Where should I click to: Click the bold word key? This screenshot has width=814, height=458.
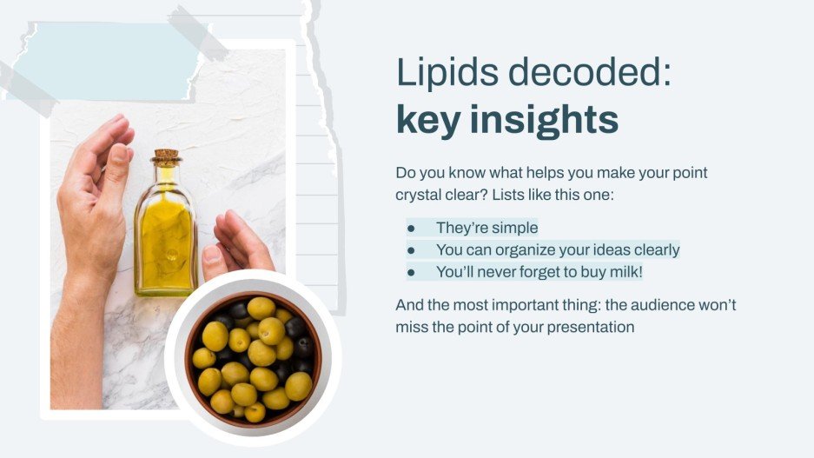[427, 120]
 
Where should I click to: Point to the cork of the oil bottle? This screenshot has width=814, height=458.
[165, 157]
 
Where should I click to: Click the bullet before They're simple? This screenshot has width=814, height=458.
[411, 229]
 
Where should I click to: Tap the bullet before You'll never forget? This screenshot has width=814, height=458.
[411, 272]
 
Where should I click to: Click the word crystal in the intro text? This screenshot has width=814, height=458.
[418, 196]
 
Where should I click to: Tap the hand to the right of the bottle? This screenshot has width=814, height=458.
[233, 243]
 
